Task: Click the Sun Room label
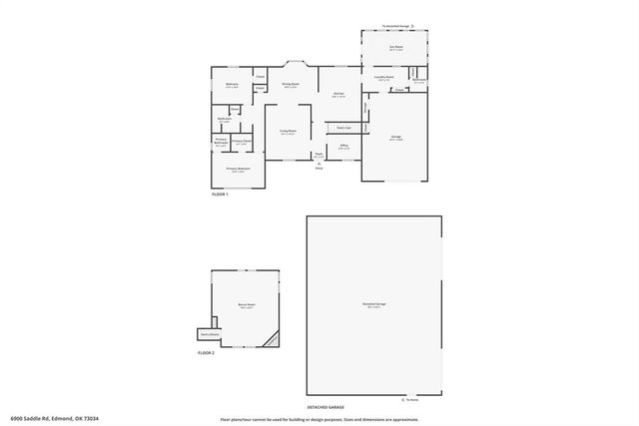(395, 47)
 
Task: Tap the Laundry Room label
(384, 77)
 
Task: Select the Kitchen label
(338, 94)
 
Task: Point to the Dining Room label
(291, 85)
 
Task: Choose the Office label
(342, 147)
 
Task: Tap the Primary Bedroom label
(237, 170)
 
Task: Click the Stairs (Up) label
(342, 128)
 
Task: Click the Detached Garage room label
(374, 304)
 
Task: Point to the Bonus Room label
(245, 304)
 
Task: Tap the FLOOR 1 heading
(221, 194)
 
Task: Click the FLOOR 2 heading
(206, 354)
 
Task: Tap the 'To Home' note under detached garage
(411, 398)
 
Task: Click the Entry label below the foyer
(319, 168)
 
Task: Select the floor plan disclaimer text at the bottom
(319, 419)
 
